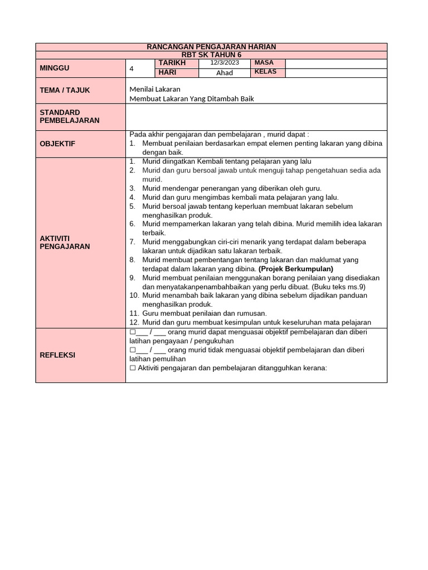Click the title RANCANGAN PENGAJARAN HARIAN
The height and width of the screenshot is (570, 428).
(211, 47)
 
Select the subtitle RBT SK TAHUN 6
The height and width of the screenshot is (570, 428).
(211, 55)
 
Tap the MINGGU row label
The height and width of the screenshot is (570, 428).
(54, 68)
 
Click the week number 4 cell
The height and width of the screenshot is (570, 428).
(132, 68)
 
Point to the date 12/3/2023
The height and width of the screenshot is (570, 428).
(224, 63)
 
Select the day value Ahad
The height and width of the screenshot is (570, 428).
(224, 73)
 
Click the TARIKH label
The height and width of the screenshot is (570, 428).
(172, 63)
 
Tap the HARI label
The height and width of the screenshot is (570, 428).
(167, 72)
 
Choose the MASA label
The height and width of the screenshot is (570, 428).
(264, 63)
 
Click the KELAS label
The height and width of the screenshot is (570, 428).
(265, 72)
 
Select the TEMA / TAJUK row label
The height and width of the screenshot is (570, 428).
(65, 90)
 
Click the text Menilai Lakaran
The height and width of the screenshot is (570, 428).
(155, 89)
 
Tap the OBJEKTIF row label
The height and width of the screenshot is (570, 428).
(57, 144)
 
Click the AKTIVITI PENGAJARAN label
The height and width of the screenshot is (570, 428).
(65, 242)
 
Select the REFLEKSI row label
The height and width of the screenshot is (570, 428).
(57, 355)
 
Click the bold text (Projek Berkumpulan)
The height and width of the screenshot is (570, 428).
(296, 269)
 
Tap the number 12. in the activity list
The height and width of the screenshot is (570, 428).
(134, 322)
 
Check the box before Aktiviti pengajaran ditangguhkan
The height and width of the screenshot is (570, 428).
(133, 368)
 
